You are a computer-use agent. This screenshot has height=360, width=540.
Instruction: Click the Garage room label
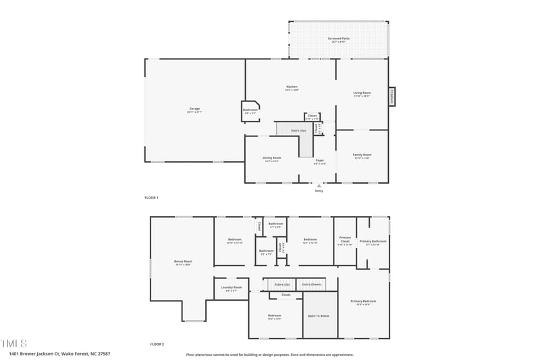[194, 109]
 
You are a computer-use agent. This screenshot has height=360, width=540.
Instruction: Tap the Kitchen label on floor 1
[292, 87]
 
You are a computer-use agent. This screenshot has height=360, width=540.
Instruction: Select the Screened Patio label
[339, 39]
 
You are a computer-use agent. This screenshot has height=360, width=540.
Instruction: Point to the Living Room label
[362, 93]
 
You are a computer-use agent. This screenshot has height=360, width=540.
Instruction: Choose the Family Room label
[362, 155]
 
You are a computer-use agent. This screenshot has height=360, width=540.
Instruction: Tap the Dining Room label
[272, 158]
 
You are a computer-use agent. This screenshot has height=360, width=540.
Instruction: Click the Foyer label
[320, 161]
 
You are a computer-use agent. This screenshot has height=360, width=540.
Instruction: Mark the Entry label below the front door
[319, 191]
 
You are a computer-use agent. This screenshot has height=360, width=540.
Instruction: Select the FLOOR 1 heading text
[151, 198]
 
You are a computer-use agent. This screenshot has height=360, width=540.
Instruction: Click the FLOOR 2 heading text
[157, 344]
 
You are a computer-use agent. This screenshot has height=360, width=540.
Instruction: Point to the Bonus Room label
[183, 261]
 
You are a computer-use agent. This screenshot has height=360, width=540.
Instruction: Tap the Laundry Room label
[231, 288]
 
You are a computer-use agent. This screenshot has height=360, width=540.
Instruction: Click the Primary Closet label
[345, 239]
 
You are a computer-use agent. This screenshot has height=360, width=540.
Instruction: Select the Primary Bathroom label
[373, 241]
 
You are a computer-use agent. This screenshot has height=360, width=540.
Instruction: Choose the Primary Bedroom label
[363, 301]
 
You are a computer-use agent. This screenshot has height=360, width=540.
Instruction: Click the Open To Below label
[319, 315]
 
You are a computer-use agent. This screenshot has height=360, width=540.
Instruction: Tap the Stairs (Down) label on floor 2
[310, 284]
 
